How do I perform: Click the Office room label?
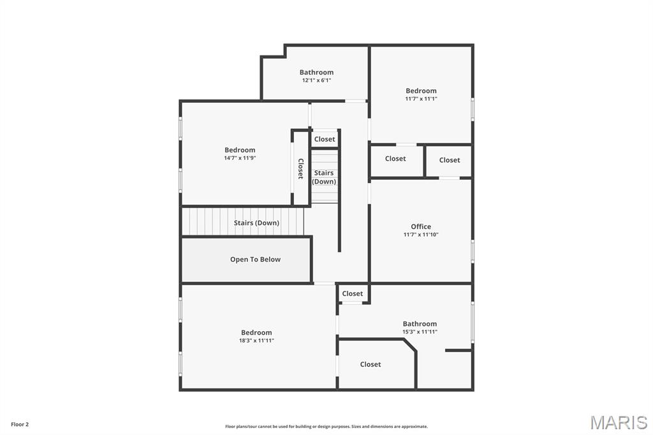click(421, 226)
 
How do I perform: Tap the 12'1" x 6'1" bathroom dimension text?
click(316, 80)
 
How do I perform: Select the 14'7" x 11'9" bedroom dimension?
click(240, 158)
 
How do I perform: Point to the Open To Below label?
click(255, 260)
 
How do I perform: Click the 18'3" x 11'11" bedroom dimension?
click(256, 341)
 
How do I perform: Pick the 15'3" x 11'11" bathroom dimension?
click(420, 332)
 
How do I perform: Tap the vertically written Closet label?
click(300, 168)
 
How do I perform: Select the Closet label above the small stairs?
click(325, 139)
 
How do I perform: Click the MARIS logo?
click(619, 422)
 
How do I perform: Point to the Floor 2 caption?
click(20, 424)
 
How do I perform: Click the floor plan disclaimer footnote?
click(326, 427)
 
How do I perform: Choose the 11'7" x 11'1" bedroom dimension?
click(421, 99)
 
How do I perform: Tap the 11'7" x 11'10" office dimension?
click(421, 235)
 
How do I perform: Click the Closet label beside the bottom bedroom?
click(371, 364)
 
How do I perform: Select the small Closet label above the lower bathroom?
click(352, 293)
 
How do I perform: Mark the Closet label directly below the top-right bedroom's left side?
click(395, 159)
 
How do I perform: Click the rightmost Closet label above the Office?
click(450, 160)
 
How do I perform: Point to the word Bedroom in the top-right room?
click(421, 91)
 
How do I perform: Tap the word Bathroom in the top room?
click(316, 72)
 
